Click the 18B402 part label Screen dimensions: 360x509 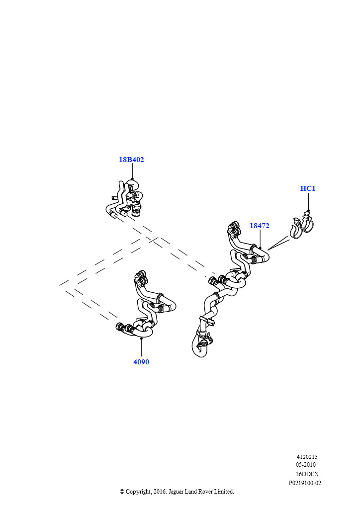tap(131, 160)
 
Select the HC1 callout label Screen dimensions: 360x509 tap(308, 188)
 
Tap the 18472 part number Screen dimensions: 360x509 tap(260, 226)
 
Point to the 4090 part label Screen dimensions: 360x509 tap(141, 362)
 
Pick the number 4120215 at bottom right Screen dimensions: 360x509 tap(307, 457)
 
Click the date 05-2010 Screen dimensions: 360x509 tap(305, 465)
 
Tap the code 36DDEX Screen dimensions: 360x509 tap(307, 474)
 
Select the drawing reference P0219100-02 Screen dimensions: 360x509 tap(305, 483)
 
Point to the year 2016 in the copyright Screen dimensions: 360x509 tap(160, 492)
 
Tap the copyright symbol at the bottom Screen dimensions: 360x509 tap(122, 492)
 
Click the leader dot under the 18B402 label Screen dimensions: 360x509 tap(132, 179)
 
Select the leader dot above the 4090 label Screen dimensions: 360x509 tap(142, 338)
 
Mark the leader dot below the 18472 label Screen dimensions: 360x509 tap(260, 248)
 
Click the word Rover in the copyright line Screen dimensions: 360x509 tap(205, 492)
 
